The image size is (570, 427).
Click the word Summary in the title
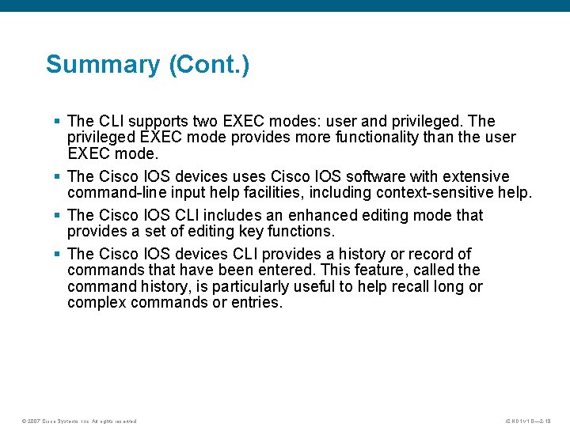102,64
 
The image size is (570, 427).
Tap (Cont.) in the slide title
209,64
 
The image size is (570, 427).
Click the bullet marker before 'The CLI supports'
57,121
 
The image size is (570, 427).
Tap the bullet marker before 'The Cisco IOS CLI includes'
57,215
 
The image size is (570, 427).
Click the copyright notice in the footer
79,421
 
